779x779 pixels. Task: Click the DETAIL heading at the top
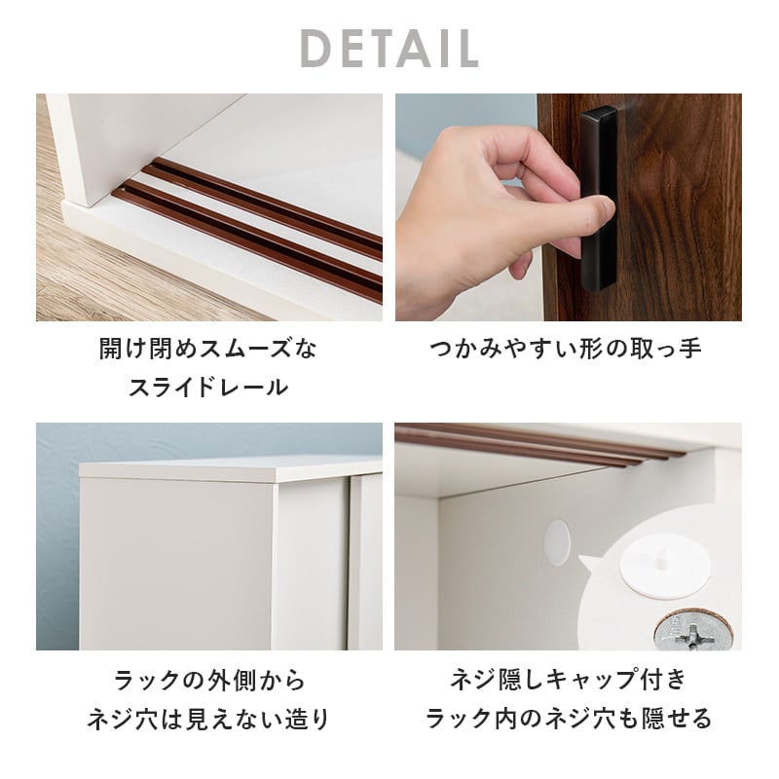tap(389, 48)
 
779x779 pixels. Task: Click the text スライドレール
tap(208, 387)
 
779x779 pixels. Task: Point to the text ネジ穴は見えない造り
tap(208, 720)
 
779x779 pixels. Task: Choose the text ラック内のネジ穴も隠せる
tap(569, 720)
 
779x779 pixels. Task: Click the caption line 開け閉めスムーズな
tap(208, 348)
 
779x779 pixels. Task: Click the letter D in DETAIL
tap(315, 48)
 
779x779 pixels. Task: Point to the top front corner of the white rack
tap(278, 477)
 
